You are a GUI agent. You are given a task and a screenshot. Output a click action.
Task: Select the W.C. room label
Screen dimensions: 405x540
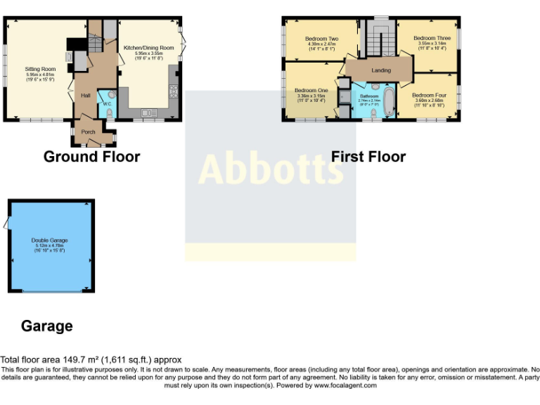[107, 104]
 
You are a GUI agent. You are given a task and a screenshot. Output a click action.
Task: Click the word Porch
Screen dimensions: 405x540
[89, 131]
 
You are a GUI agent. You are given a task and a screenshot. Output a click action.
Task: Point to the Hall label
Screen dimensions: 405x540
[85, 96]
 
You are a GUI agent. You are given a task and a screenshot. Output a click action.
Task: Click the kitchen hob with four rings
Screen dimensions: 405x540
[174, 91]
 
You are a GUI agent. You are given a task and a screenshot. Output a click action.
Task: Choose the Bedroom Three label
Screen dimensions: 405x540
[432, 38]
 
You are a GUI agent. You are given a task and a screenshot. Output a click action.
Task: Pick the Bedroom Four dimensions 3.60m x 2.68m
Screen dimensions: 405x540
[429, 101]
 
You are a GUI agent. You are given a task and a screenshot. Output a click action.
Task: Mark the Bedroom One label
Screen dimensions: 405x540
[311, 90]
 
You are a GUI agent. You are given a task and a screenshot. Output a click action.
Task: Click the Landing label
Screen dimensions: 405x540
[381, 70]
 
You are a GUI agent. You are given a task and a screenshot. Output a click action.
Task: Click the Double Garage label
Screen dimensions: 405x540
[49, 240]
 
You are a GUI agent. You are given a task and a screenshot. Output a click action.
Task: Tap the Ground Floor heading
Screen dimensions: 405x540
[91, 157]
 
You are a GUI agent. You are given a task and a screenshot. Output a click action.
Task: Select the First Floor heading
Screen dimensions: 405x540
[368, 157]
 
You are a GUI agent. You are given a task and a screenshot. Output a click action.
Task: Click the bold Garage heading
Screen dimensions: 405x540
[46, 326]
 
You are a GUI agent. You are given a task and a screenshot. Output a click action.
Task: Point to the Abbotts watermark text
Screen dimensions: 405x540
[271, 169]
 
